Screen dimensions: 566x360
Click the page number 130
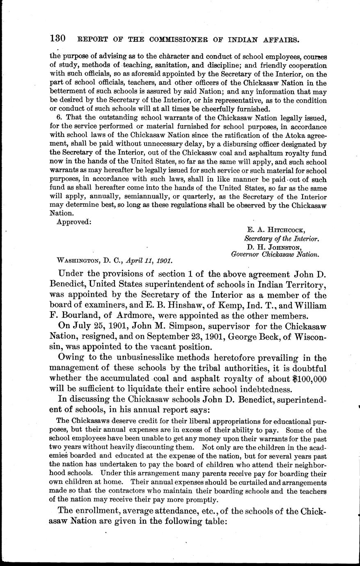pos(57,39)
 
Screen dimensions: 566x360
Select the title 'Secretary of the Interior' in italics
pos(282,239)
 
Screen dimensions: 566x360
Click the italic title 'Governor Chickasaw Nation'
pos(275,254)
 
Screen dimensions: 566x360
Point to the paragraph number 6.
pos(57,118)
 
